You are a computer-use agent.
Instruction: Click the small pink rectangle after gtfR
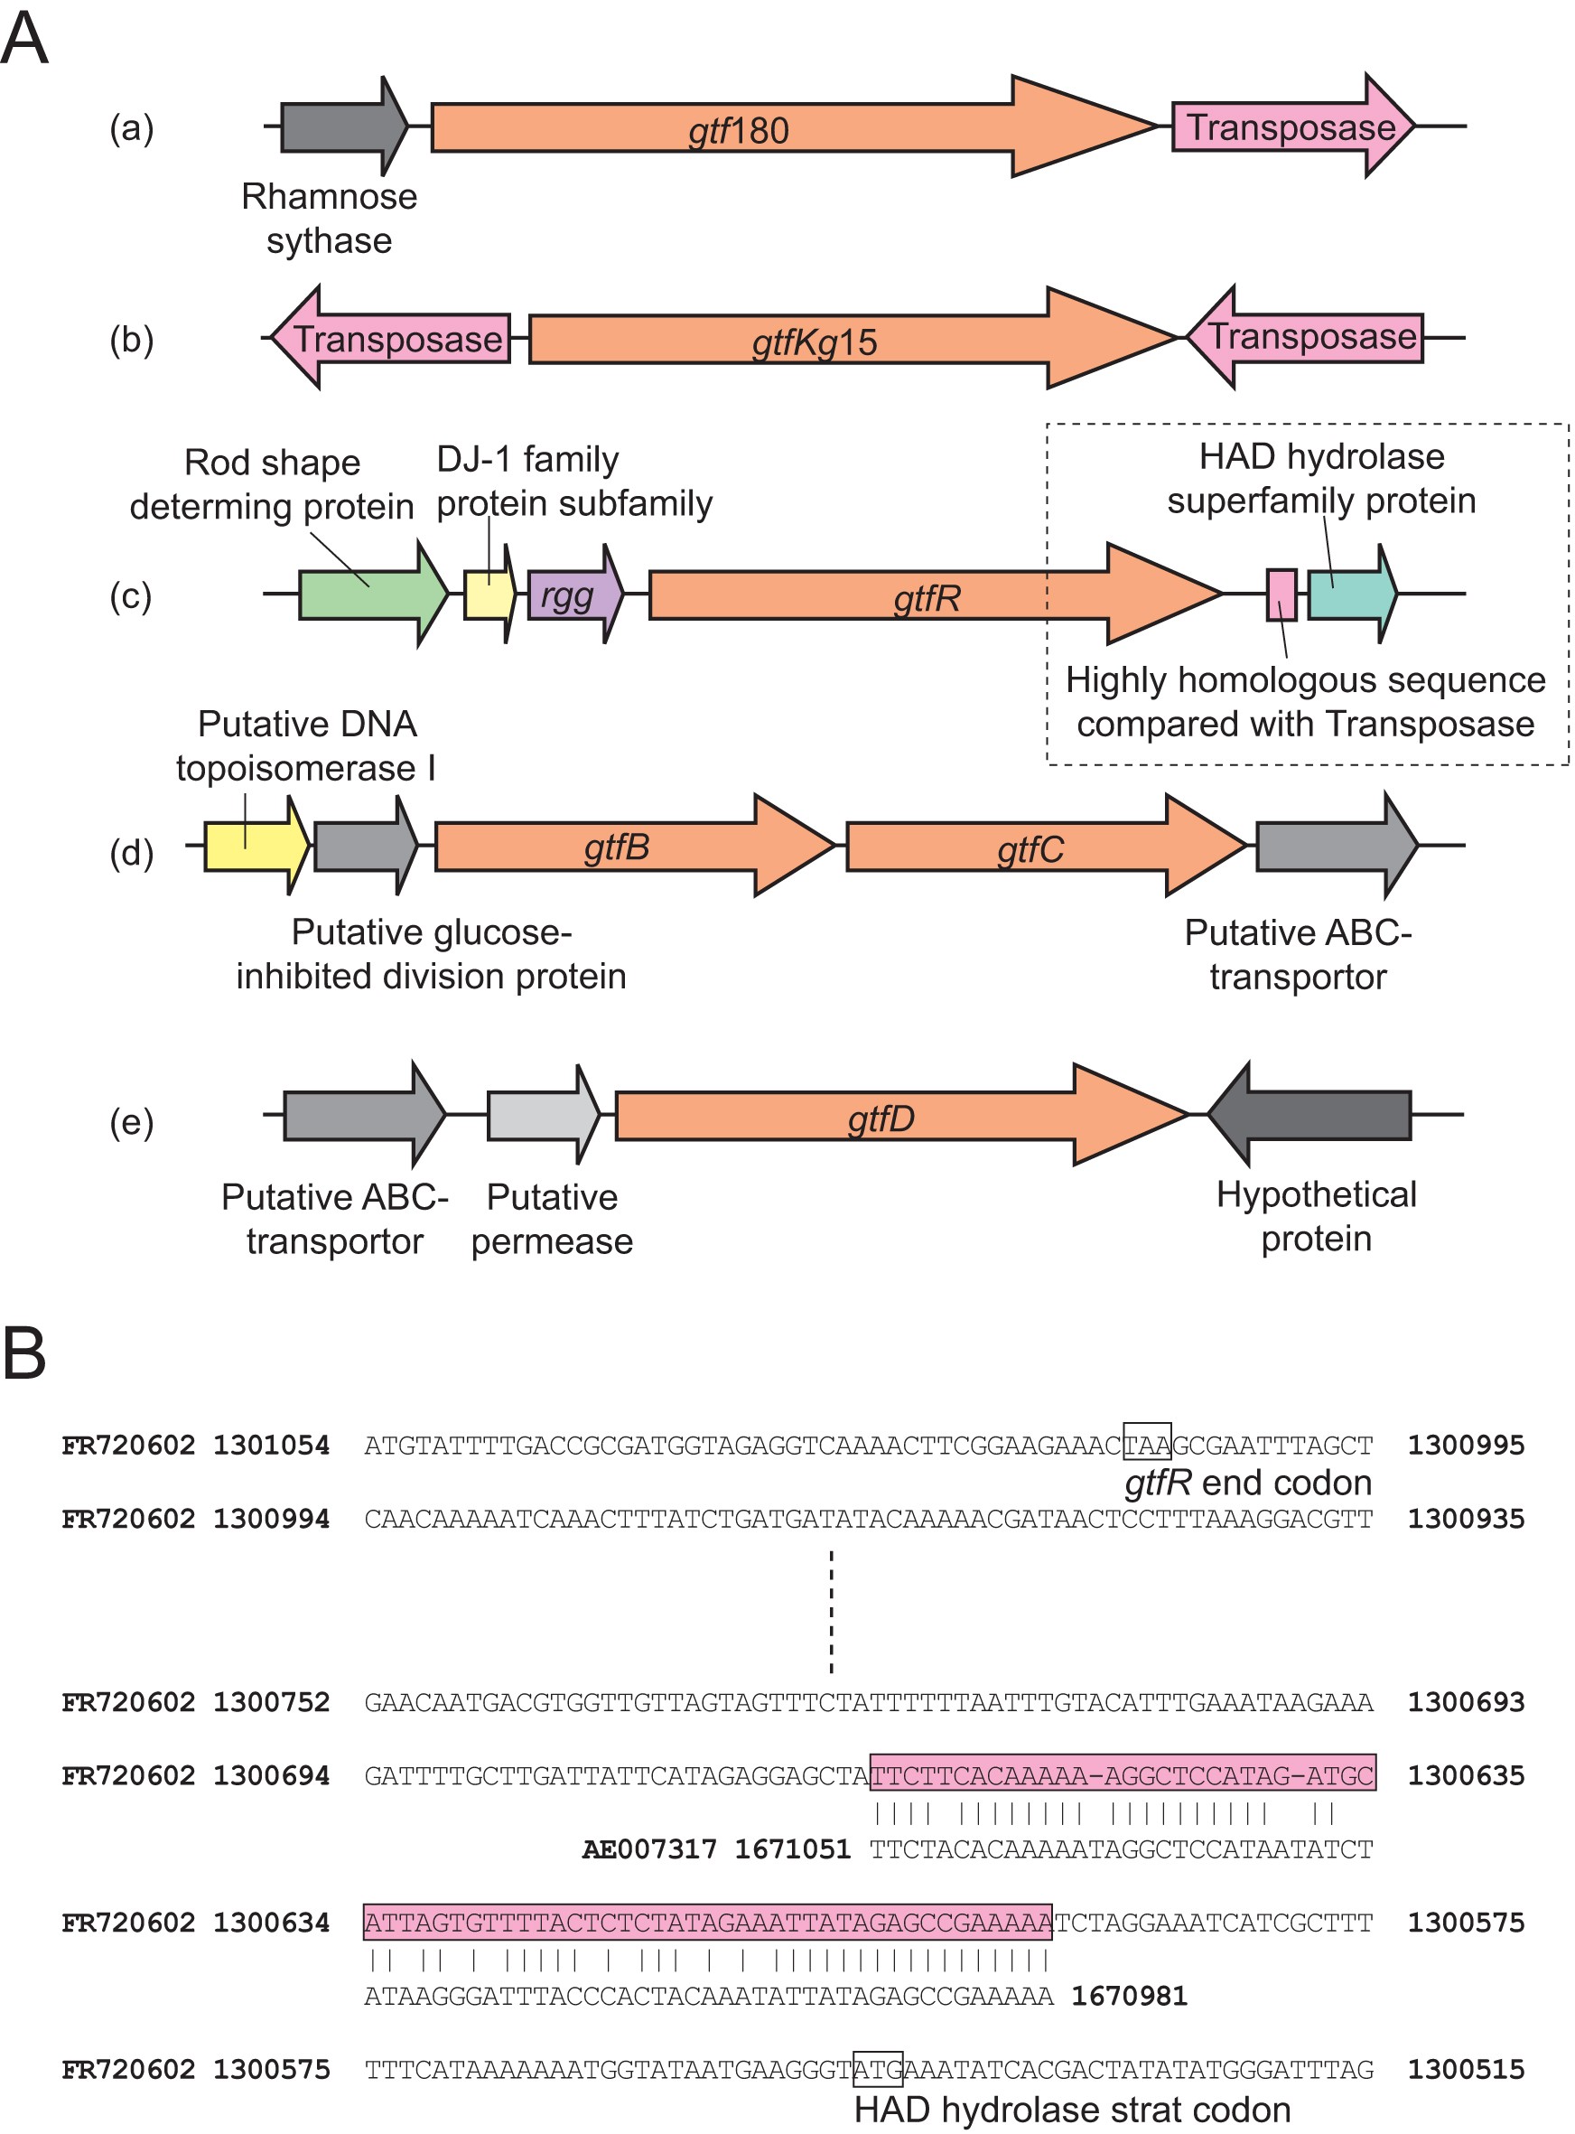[x=1281, y=595]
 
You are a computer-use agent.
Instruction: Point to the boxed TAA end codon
[x=1147, y=1445]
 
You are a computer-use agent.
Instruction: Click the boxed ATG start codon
[x=877, y=2069]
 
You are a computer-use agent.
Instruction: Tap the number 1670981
[x=1130, y=1996]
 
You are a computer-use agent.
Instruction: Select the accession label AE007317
[x=648, y=1849]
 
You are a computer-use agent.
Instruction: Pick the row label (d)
[x=132, y=851]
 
